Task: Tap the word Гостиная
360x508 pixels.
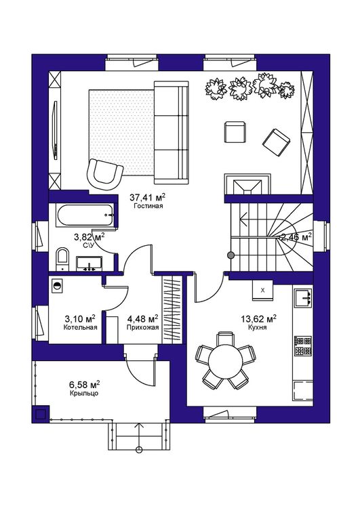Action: pyautogui.click(x=148, y=206)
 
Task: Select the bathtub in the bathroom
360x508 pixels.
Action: pyautogui.click(x=85, y=215)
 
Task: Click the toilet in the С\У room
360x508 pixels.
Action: pyautogui.click(x=62, y=259)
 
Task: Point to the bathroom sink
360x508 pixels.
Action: pyautogui.click(x=89, y=263)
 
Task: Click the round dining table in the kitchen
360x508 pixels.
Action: pyautogui.click(x=225, y=360)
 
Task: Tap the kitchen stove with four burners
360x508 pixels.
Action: pyautogui.click(x=303, y=345)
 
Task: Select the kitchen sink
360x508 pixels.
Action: pyautogui.click(x=303, y=297)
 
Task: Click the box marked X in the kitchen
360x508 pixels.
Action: pyautogui.click(x=262, y=291)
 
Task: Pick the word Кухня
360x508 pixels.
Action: pyautogui.click(x=257, y=327)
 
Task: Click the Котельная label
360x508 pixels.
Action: pyautogui.click(x=80, y=327)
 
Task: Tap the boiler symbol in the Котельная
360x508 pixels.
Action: pyautogui.click(x=58, y=285)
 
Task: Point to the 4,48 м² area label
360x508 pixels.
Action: pyautogui.click(x=142, y=318)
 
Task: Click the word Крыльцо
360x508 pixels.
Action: pyautogui.click(x=84, y=394)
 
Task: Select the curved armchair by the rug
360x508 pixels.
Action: pyautogui.click(x=105, y=174)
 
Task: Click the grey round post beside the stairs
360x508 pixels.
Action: pyautogui.click(x=231, y=255)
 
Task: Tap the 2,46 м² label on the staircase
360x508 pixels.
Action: pyautogui.click(x=296, y=237)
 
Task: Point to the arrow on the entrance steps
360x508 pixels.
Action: pyautogui.click(x=140, y=436)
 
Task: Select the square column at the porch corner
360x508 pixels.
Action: pyautogui.click(x=40, y=414)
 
